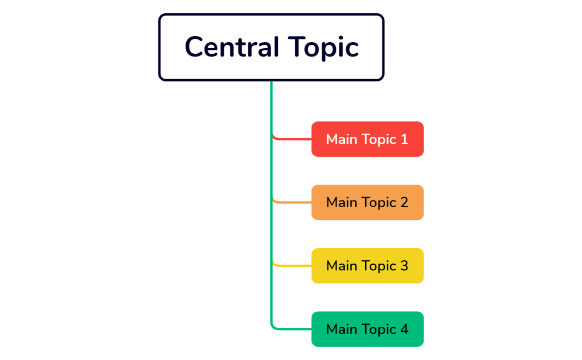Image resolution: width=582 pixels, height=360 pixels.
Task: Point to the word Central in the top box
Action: coord(232,47)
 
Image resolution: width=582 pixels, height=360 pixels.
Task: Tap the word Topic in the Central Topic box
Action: coord(323,48)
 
